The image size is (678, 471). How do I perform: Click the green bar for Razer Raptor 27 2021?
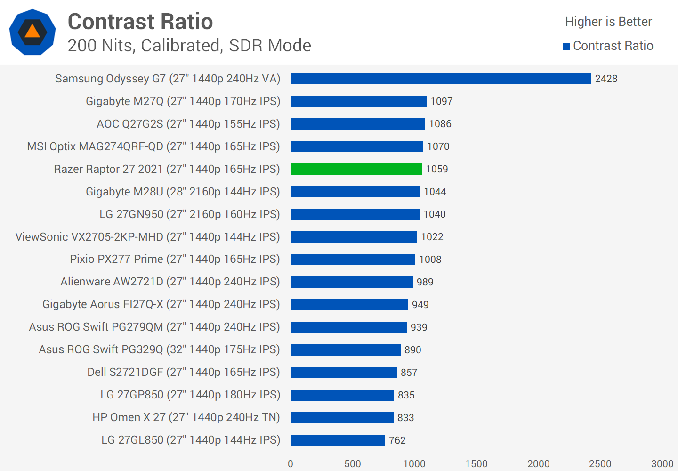click(356, 169)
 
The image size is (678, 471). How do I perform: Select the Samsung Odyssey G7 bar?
click(441, 79)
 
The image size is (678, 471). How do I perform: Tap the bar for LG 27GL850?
click(338, 440)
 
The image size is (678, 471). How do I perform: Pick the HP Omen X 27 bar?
click(342, 418)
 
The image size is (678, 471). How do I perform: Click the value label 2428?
click(606, 79)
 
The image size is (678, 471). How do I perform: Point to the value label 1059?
click(437, 169)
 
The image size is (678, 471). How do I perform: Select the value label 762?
click(397, 440)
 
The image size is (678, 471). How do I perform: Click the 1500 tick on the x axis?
click(476, 464)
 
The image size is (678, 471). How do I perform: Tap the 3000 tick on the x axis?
click(662, 464)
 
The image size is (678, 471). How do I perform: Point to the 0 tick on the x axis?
click(291, 464)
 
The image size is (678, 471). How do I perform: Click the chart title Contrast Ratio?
click(140, 22)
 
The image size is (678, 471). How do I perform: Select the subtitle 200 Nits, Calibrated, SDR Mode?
click(189, 46)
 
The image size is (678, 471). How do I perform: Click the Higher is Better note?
click(608, 22)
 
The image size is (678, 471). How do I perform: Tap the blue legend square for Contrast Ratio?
click(566, 46)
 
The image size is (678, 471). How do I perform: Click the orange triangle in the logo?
click(32, 32)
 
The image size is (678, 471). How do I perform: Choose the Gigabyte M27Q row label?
click(183, 101)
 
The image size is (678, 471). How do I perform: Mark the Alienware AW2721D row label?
click(170, 282)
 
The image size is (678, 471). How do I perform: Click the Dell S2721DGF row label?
click(184, 372)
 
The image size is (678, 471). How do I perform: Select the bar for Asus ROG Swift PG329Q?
click(346, 350)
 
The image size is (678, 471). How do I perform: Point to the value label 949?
click(420, 305)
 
